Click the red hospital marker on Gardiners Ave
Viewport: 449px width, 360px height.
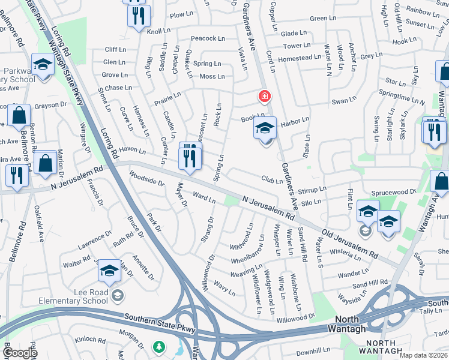[264, 96]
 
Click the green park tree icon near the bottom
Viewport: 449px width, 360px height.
[159, 347]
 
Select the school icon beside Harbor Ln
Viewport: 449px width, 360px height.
[265, 128]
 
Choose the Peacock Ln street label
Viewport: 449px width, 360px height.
[208, 38]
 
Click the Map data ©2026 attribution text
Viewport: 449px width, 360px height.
[423, 355]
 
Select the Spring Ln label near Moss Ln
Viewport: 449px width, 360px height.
[207, 64]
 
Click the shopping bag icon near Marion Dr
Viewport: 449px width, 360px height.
[45, 163]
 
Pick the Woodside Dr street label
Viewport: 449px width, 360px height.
[146, 178]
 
